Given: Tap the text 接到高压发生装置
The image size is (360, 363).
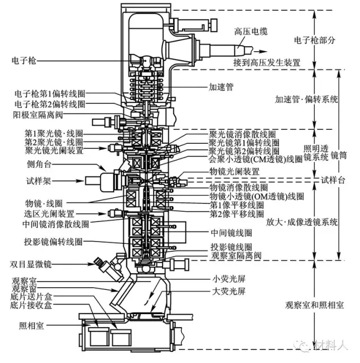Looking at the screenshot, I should pos(264,61).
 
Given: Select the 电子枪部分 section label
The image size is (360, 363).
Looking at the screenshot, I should pos(316,40).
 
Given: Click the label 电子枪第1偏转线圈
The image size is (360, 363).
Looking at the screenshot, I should pos(49,93).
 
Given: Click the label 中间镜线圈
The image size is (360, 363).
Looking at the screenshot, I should pos(231,232).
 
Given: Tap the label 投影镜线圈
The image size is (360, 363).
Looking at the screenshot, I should pos(231,247).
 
